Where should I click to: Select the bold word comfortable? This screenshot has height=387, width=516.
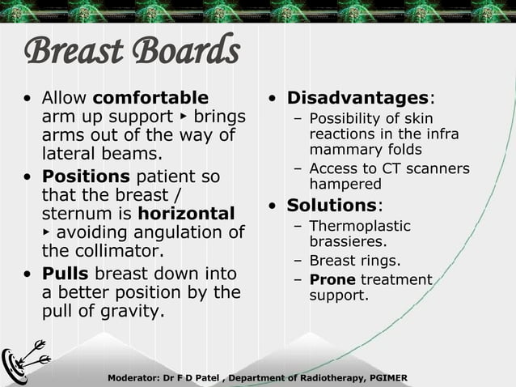tap(150, 99)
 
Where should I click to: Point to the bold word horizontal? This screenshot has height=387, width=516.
tap(187, 214)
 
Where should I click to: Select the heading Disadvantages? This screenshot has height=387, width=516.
tap(357, 99)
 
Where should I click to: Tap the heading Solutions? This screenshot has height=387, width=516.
tap(332, 205)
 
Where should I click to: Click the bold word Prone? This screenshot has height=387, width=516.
tap(332, 280)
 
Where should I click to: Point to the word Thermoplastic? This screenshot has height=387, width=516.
tap(360, 226)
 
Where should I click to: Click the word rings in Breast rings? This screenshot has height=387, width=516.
tap(379, 261)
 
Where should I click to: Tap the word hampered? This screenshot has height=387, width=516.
tap(345, 184)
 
